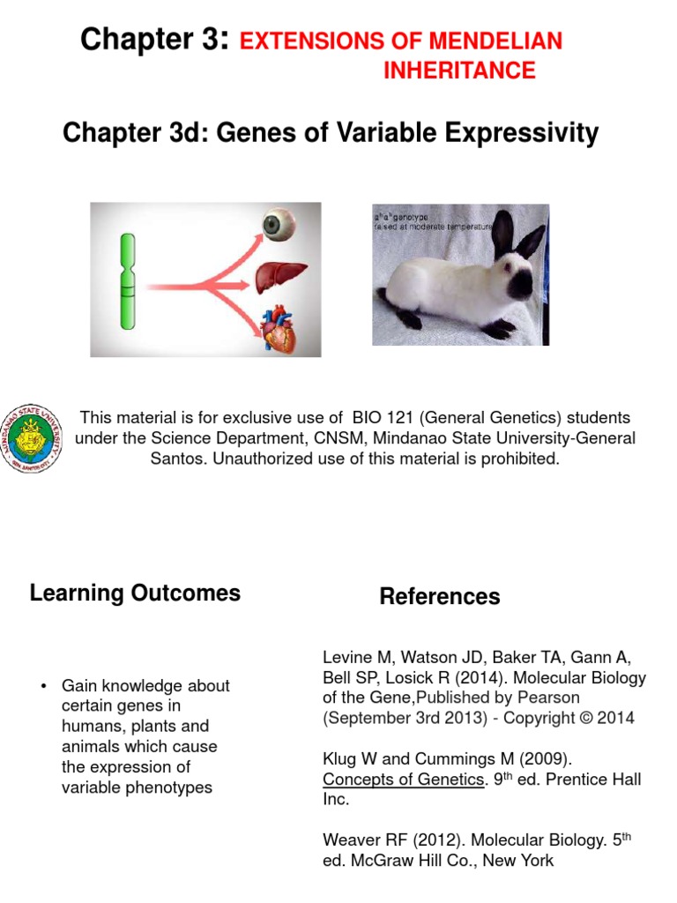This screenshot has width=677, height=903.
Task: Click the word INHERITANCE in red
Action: coord(459,71)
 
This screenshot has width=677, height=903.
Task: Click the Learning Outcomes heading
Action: coord(135,593)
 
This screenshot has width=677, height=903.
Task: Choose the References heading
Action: coord(439,597)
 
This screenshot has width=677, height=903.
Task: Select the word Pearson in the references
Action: coord(549,698)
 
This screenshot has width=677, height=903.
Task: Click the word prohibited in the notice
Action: coord(514,459)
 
